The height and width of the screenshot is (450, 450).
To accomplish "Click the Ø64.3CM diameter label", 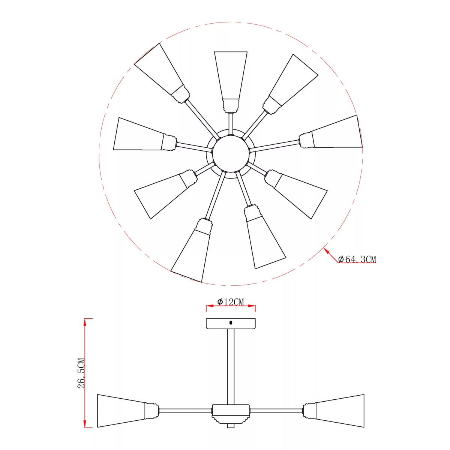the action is coord(357,259).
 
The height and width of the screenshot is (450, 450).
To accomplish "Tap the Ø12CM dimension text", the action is coord(230,302).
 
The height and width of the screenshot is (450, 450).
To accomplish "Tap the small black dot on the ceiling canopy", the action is coord(231,323).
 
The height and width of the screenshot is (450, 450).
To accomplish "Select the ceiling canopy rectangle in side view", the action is coord(231,323).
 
